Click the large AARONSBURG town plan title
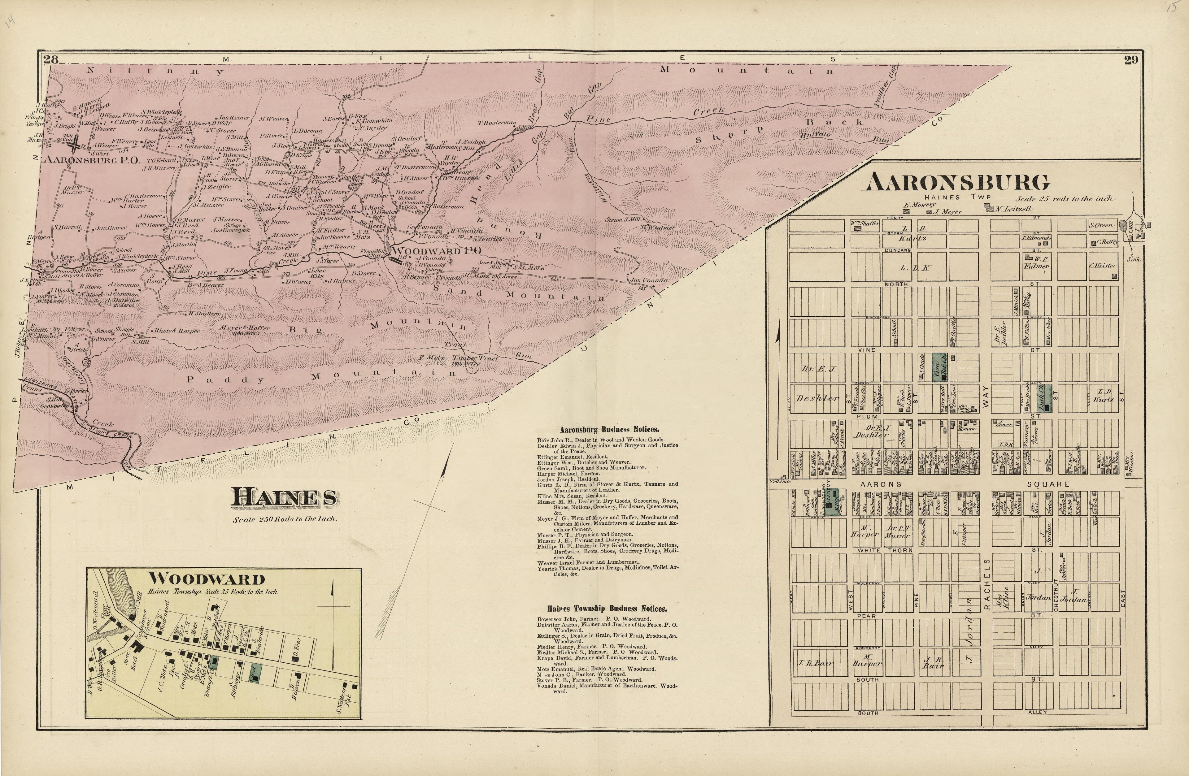(957, 182)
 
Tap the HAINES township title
(284, 497)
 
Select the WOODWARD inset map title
(206, 579)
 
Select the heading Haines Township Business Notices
(607, 609)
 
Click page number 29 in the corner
(1131, 60)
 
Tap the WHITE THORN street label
(885, 550)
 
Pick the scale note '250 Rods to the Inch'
(285, 519)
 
